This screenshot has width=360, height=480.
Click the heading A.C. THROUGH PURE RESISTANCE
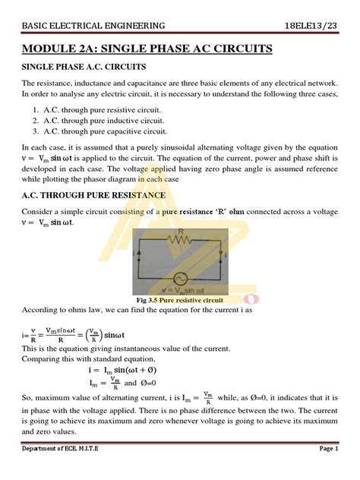tap(93, 195)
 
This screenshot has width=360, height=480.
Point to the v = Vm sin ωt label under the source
tap(181, 291)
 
